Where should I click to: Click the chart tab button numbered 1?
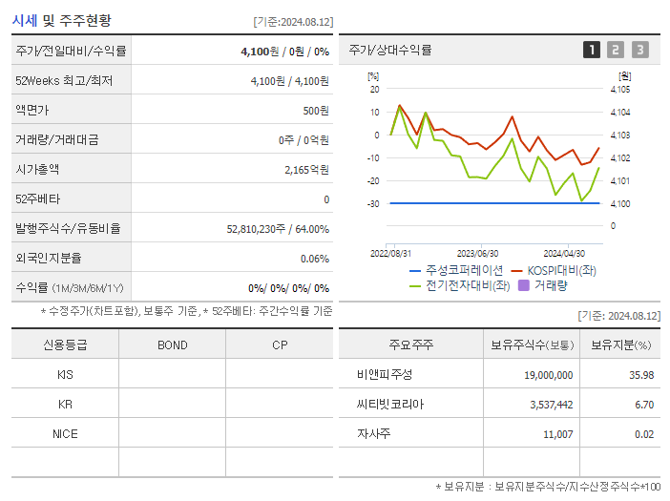click(592, 50)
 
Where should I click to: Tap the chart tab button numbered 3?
click(639, 50)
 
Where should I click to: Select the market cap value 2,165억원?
click(306, 170)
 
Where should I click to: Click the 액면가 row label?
click(32, 111)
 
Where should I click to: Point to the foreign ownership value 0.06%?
click(314, 259)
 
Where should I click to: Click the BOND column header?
click(172, 344)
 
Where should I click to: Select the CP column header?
click(280, 344)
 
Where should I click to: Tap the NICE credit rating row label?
click(65, 433)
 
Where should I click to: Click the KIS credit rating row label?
click(65, 374)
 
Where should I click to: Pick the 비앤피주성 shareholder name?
click(385, 374)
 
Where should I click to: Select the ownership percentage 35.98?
click(641, 374)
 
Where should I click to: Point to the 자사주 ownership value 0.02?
click(643, 433)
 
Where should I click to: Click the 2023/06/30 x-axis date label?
click(477, 253)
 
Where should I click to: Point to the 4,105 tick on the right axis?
click(619, 90)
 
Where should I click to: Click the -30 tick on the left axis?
click(373, 203)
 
